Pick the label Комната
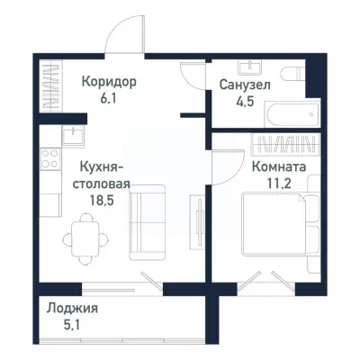click(x=278, y=167)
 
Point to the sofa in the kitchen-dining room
click(x=147, y=221)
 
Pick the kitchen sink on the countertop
click(x=72, y=136)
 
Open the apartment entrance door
click(x=123, y=40)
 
